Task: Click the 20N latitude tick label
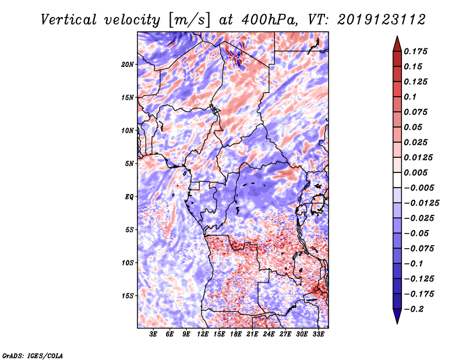pos(128,64)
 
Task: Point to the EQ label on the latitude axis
pos(129,197)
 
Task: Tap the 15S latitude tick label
pos(128,296)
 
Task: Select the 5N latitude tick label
pos(129,164)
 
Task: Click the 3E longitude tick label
pos(154,334)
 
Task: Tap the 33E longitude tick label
pos(319,334)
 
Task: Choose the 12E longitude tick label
pos(203,334)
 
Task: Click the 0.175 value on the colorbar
pos(416,51)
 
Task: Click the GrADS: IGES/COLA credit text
pos(32,355)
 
